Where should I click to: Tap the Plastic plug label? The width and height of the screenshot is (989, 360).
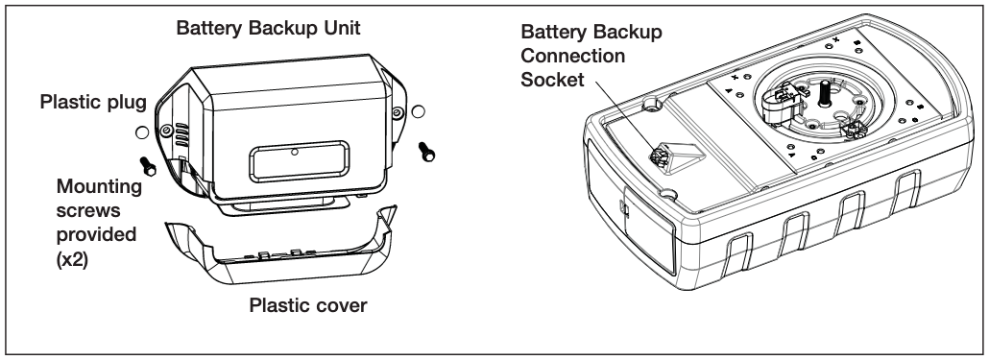(93, 102)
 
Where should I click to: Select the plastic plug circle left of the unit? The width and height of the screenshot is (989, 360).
(142, 132)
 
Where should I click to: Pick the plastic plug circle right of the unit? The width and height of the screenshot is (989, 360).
(418, 112)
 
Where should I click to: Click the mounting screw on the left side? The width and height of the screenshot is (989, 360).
(148, 166)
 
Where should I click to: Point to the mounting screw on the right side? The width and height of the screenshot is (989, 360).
(426, 152)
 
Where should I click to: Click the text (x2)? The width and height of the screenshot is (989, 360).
(72, 258)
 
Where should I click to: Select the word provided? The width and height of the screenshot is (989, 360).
(96, 234)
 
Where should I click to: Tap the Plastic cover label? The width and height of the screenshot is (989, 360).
(308, 306)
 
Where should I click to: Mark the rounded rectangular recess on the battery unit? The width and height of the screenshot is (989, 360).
(299, 161)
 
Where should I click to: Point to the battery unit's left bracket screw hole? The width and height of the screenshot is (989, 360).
(166, 131)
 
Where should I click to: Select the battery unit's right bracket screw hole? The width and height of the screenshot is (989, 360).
(397, 113)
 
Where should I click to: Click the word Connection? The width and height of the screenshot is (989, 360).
(572, 56)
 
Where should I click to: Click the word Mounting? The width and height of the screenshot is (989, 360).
(99, 186)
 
